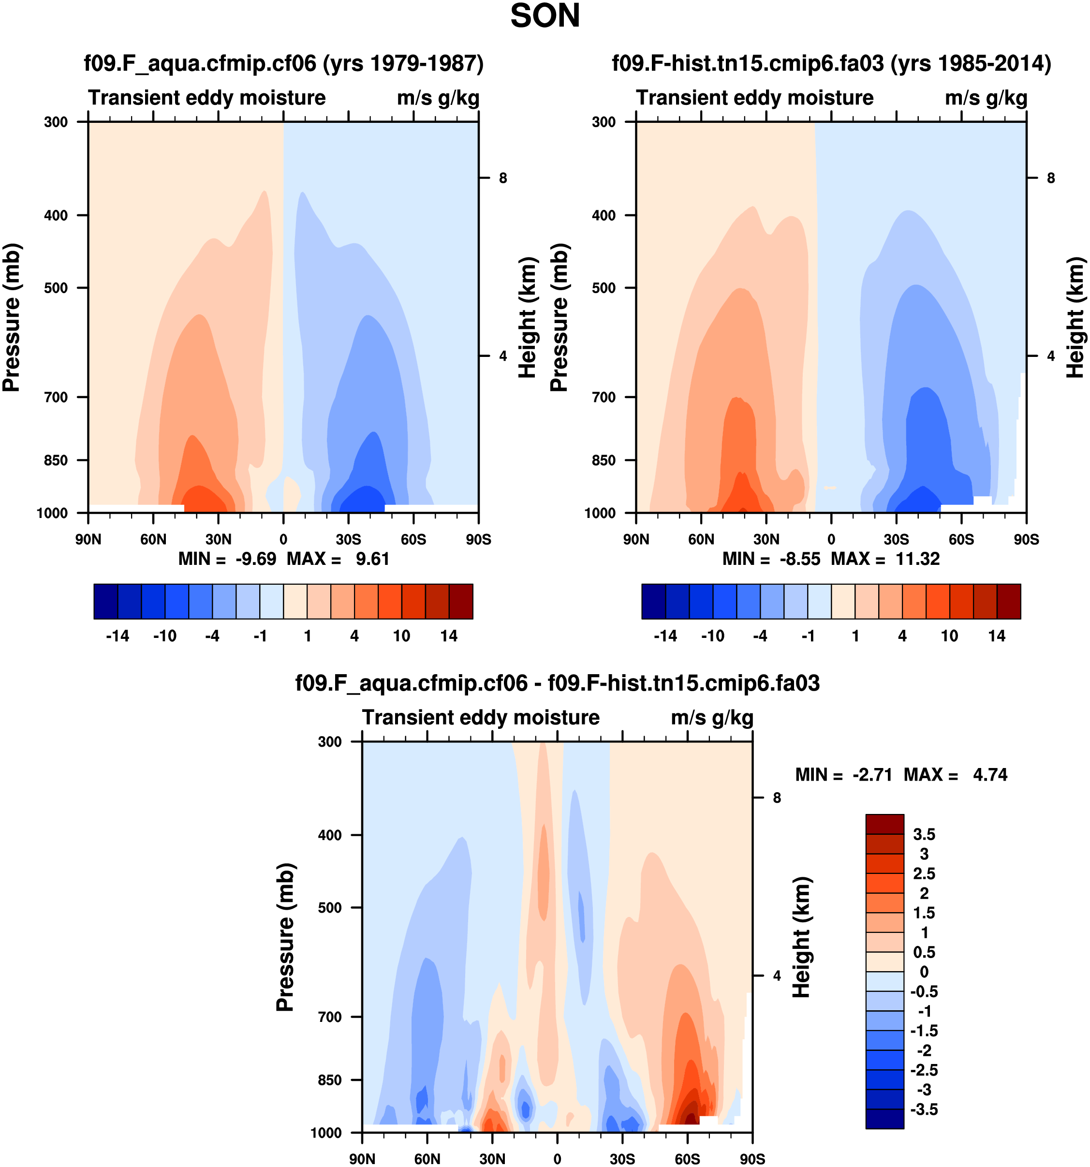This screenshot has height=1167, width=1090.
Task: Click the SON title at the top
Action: coord(545,16)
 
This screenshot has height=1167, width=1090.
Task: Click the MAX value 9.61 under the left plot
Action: coord(372,559)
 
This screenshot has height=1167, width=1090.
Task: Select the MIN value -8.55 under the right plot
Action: coord(799,559)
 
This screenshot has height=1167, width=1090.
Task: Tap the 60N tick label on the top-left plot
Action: coord(153,539)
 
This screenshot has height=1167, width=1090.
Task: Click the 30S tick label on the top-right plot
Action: coord(896,539)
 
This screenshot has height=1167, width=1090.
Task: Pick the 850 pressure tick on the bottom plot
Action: coord(329,1080)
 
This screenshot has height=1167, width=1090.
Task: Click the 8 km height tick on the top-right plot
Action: coord(1051,178)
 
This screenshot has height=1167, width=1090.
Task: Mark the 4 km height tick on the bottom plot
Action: coord(777,975)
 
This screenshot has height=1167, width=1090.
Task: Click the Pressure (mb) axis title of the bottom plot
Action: coord(285,937)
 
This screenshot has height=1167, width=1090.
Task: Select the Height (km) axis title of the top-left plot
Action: coord(528,317)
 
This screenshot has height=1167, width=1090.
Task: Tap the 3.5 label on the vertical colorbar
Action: coord(924,835)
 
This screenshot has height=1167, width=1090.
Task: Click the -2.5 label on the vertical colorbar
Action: coord(924,1070)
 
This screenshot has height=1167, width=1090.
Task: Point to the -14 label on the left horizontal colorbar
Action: coord(118,636)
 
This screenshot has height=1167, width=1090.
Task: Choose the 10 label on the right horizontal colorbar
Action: coord(949,636)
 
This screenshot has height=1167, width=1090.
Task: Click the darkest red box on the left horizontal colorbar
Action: coord(461,602)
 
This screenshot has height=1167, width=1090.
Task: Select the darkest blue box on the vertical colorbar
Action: coord(884,1119)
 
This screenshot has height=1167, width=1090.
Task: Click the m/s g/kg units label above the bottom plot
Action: coord(712,718)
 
